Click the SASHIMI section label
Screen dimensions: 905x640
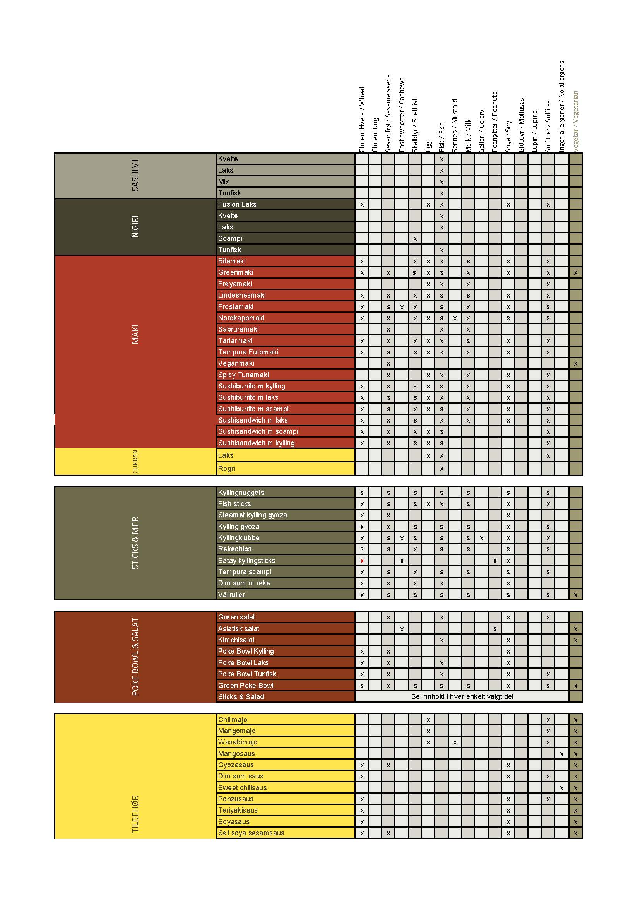pyautogui.click(x=135, y=175)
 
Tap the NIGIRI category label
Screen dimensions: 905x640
pyautogui.click(x=135, y=226)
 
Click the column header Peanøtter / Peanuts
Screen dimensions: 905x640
pyautogui.click(x=495, y=122)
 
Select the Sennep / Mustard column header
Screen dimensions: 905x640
pyautogui.click(x=455, y=126)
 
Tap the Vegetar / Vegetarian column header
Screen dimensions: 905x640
pyautogui.click(x=575, y=122)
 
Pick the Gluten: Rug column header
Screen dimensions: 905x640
pyautogui.click(x=375, y=135)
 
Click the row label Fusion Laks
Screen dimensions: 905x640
pyautogui.click(x=237, y=204)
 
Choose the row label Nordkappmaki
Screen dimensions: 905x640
pyautogui.click(x=241, y=318)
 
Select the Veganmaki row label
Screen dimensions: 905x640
pyautogui.click(x=236, y=363)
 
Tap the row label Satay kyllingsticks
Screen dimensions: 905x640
pyautogui.click(x=246, y=561)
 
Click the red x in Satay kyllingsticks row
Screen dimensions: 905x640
pyautogui.click(x=362, y=561)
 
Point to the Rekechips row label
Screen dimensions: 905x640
pyautogui.click(x=234, y=549)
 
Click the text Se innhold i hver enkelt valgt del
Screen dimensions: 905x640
pyautogui.click(x=462, y=696)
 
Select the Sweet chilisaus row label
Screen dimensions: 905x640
pyautogui.click(x=242, y=787)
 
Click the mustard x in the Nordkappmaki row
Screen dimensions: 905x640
pyautogui.click(x=455, y=318)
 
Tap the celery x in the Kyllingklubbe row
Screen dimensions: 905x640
pyautogui.click(x=481, y=538)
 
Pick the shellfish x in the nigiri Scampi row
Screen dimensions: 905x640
pyautogui.click(x=415, y=238)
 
